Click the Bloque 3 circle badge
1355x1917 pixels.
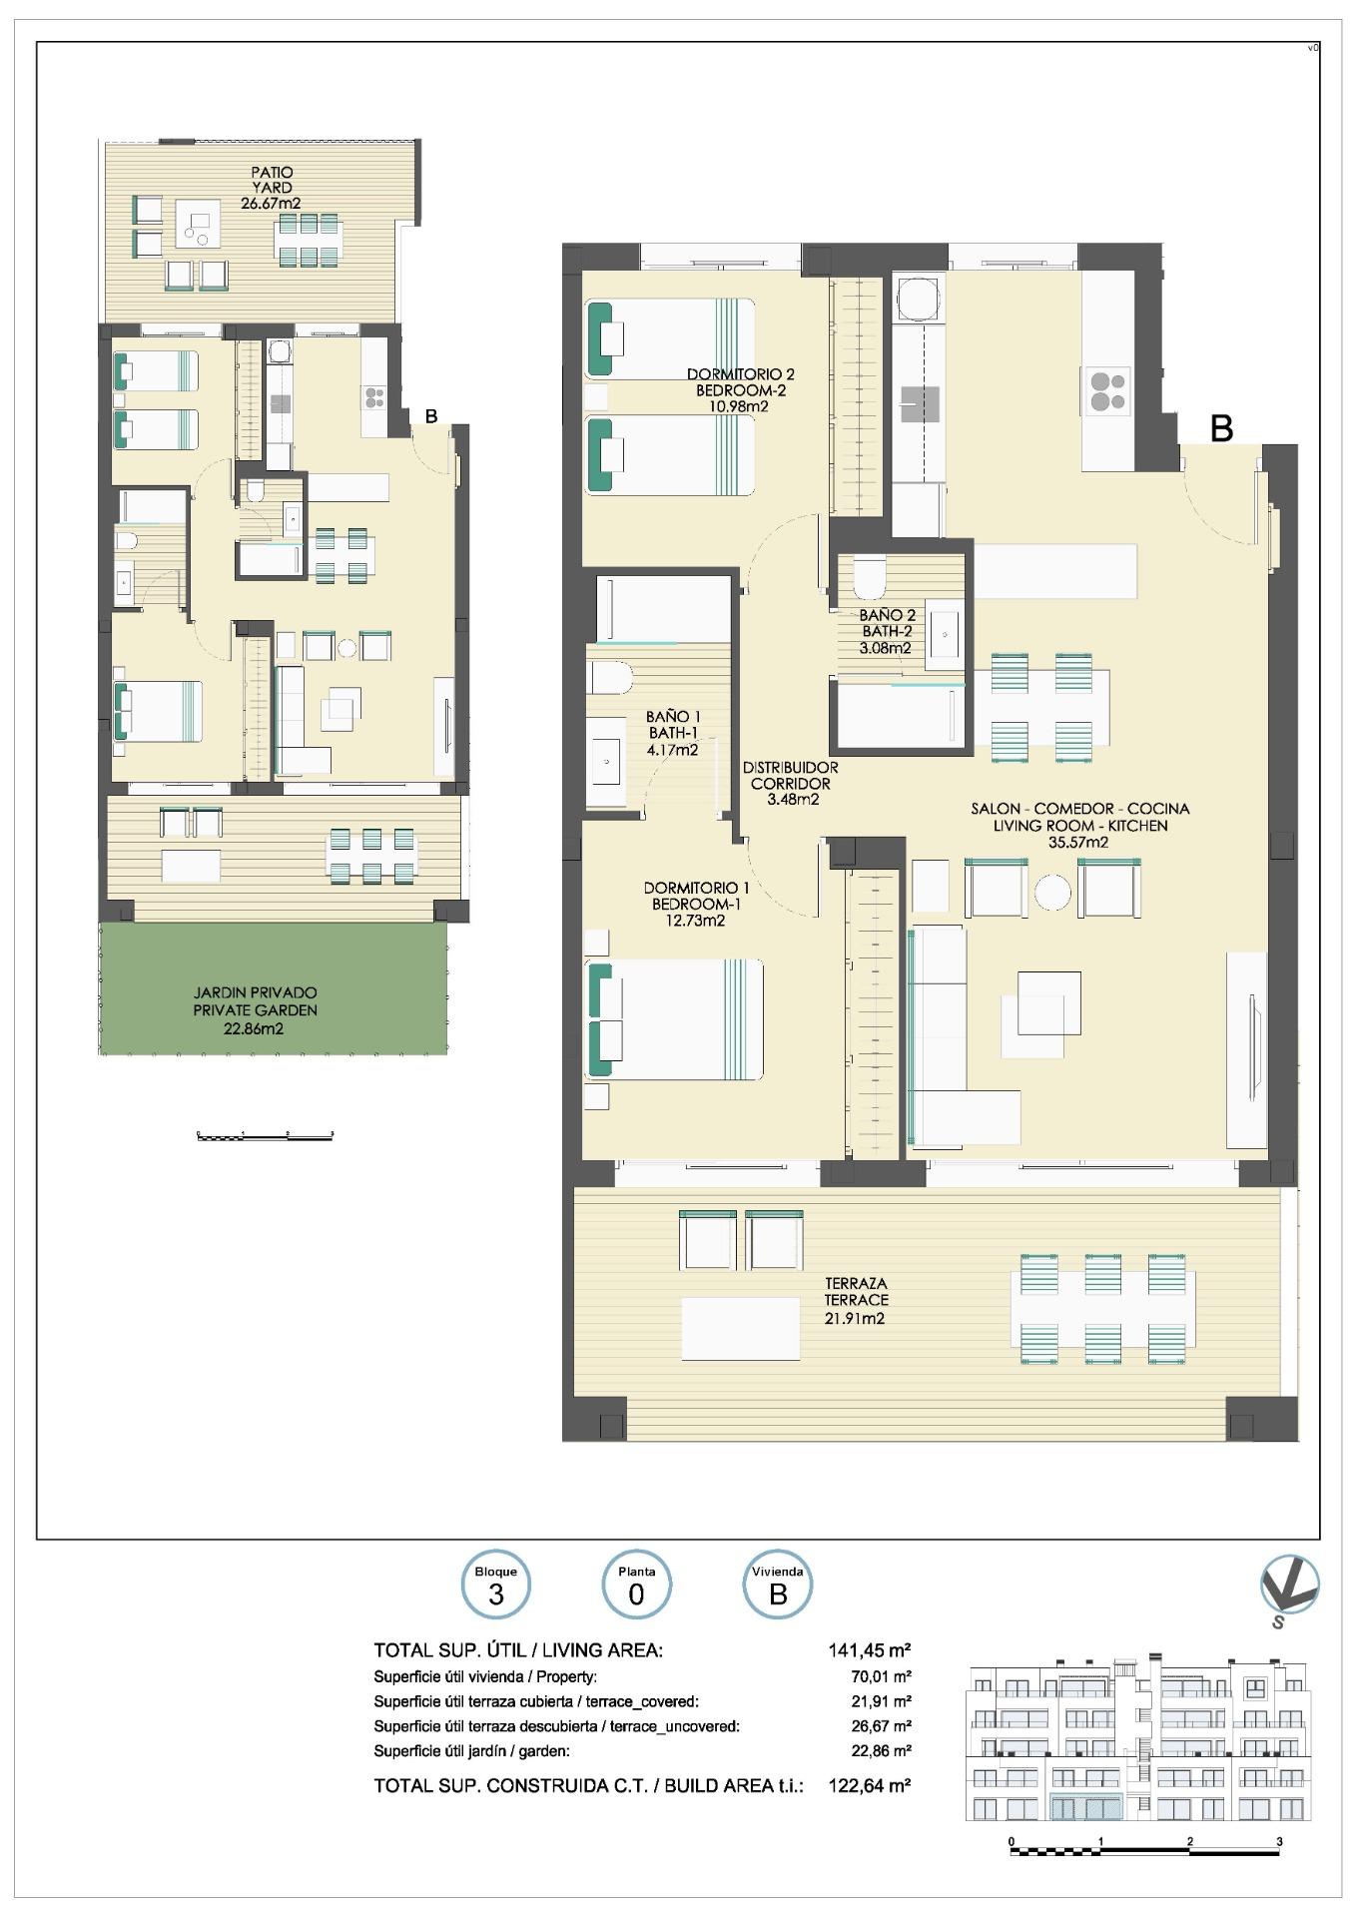pyautogui.click(x=496, y=1586)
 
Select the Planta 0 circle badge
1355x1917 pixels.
pyautogui.click(x=636, y=1586)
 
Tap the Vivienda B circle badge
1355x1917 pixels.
pyautogui.click(x=777, y=1586)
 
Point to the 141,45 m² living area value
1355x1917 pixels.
pyautogui.click(x=869, y=1650)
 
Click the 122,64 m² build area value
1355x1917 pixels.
pyautogui.click(x=869, y=1785)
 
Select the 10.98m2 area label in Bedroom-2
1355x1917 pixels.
pyautogui.click(x=733, y=406)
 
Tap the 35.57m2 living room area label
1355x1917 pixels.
pyautogui.click(x=1079, y=842)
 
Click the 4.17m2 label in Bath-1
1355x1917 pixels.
pyautogui.click(x=672, y=750)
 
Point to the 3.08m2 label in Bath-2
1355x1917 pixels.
pyautogui.click(x=886, y=648)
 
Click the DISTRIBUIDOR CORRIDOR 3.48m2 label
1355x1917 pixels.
pyautogui.click(x=791, y=783)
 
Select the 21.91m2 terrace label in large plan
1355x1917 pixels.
pyautogui.click(x=856, y=1318)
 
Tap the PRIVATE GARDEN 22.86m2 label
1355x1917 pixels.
pyautogui.click(x=256, y=1010)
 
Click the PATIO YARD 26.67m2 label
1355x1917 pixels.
pyautogui.click(x=272, y=188)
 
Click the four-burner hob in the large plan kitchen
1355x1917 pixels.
pyautogui.click(x=1106, y=389)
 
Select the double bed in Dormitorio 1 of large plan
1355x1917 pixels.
pyautogui.click(x=675, y=1019)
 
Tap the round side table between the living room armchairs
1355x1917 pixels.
pyautogui.click(x=1052, y=891)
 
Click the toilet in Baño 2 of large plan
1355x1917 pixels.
pyautogui.click(x=868, y=574)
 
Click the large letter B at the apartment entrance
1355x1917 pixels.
pyautogui.click(x=1221, y=428)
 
